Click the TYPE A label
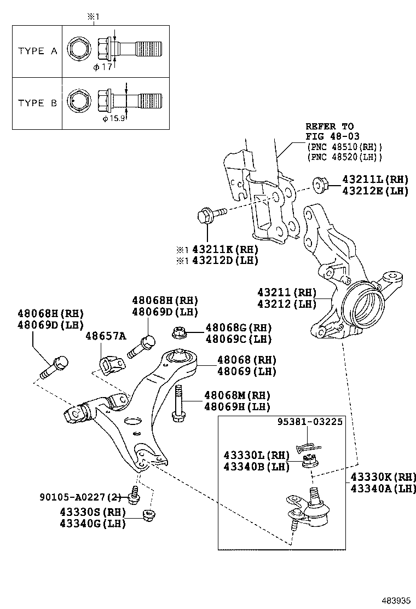tap(37, 51)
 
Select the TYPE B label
tap(37, 102)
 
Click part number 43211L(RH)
tap(375, 179)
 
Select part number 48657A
tap(105, 335)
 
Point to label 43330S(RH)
tap(93, 512)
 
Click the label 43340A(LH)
tap(383, 489)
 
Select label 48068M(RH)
tap(237, 395)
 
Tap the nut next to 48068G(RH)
tap(179, 332)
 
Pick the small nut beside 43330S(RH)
tap(147, 515)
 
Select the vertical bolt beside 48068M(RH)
tap(178, 403)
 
